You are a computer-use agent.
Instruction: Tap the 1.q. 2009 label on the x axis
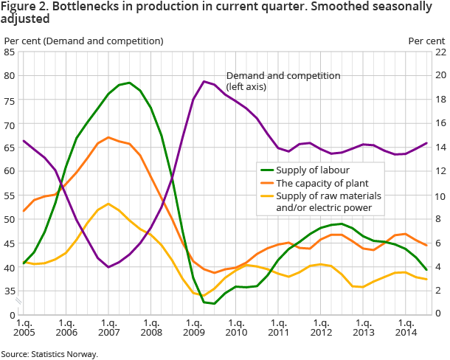(194, 328)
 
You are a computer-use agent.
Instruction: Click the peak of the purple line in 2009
(204, 81)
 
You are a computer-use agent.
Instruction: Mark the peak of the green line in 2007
(129, 83)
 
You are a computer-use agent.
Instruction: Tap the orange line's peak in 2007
(108, 137)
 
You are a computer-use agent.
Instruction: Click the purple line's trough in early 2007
(108, 267)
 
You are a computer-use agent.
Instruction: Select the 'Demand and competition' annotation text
(283, 76)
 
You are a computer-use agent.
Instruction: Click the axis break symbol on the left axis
(22, 303)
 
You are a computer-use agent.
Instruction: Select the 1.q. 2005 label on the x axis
(24, 328)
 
